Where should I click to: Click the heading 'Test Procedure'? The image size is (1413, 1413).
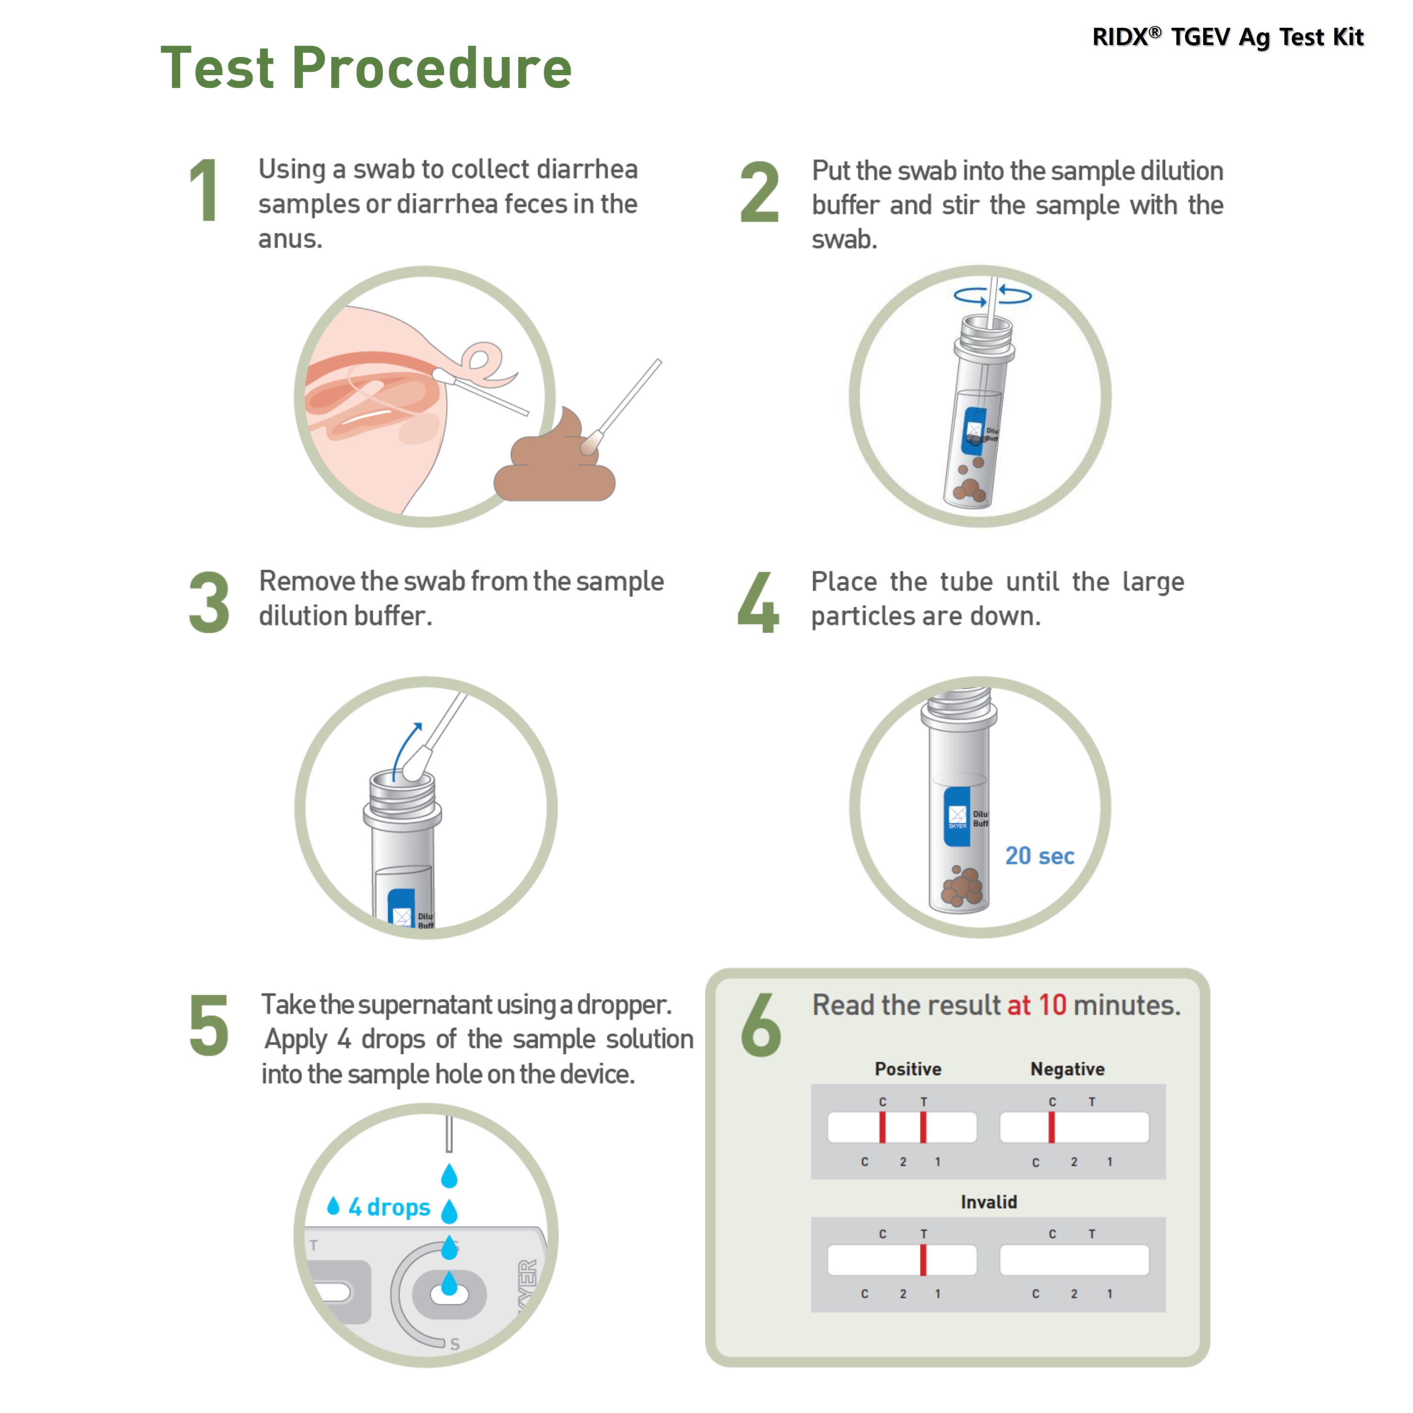(x=366, y=68)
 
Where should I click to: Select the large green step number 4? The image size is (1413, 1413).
(x=758, y=602)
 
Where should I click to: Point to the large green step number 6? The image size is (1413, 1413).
(x=761, y=1025)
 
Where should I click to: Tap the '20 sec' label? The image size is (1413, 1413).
(x=1039, y=856)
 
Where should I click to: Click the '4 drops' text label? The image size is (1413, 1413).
(x=389, y=1207)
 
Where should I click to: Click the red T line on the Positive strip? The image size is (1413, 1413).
(x=923, y=1127)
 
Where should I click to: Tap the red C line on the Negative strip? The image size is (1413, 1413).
(x=1052, y=1127)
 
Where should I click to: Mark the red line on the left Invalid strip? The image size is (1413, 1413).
(x=923, y=1259)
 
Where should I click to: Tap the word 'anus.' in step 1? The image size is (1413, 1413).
(x=291, y=239)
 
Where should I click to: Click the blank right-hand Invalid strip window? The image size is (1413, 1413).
(x=1075, y=1259)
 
